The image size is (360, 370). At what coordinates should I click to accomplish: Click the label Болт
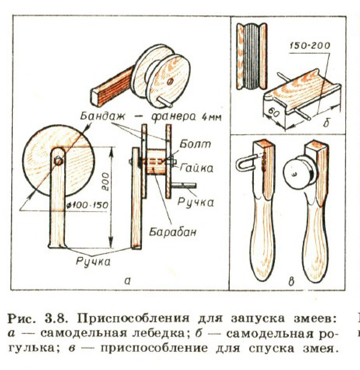pos(195,144)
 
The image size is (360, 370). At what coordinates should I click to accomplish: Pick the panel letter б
pos(326,123)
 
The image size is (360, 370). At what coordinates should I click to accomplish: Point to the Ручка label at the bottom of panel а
pos(93,261)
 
